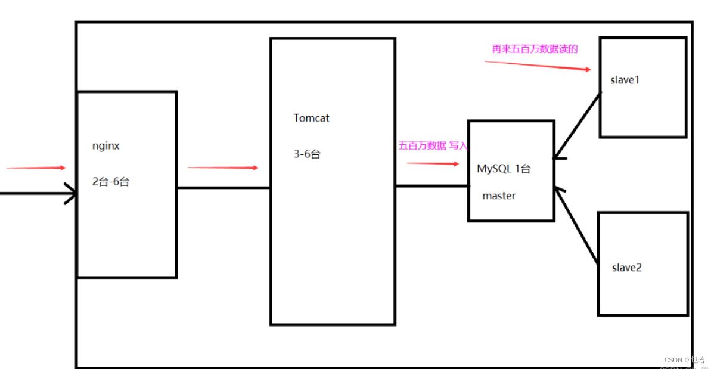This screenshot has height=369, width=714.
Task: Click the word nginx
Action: coord(105,145)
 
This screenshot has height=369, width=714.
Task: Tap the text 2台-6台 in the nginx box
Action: coord(111,182)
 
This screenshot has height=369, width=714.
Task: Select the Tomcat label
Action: coord(311,118)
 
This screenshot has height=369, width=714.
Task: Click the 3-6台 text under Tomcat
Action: coord(307,154)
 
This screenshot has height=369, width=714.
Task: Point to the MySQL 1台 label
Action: coord(504,169)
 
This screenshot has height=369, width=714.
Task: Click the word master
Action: coord(499,196)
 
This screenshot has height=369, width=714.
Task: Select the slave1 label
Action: coord(625,80)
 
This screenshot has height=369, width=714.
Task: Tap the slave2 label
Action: coord(627,268)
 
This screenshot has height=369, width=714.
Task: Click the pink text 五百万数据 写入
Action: coord(433,145)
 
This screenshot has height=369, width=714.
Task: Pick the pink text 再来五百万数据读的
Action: coord(535,49)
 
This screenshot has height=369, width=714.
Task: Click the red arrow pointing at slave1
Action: coord(538,66)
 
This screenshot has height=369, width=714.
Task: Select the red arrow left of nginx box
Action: coord(36,168)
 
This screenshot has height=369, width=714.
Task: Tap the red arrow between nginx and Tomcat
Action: coord(223,168)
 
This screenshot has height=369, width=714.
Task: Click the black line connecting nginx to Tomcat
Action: coord(223,188)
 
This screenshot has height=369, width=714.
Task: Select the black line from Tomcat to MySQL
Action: coord(431,186)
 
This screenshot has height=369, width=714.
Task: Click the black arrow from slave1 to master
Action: coord(576,126)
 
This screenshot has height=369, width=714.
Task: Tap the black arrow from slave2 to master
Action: coord(577,225)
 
